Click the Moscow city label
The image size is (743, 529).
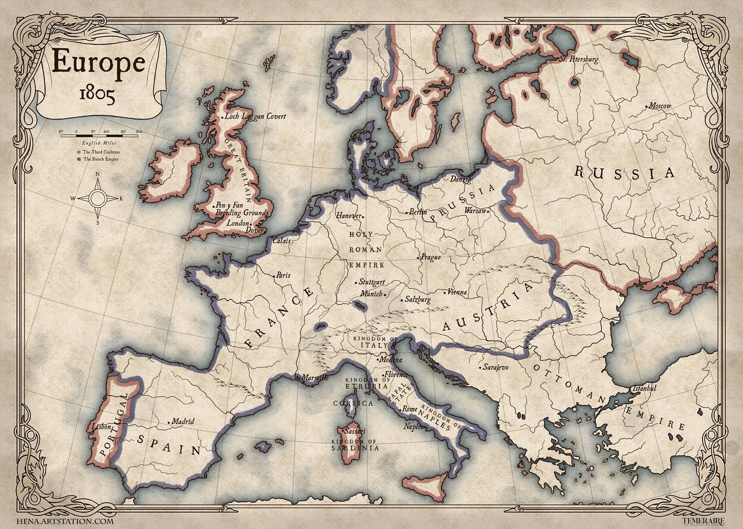click(659, 106)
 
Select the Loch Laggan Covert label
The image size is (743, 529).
click(255, 116)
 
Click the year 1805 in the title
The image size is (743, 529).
click(97, 94)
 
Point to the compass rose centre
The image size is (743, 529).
click(98, 198)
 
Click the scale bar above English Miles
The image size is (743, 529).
click(100, 135)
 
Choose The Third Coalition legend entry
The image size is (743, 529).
click(100, 152)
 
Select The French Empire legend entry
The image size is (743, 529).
click(100, 159)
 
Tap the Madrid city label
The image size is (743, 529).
click(182, 422)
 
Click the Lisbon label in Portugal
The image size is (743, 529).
click(101, 426)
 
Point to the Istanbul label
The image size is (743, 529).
click(644, 388)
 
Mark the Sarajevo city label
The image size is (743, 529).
click(495, 367)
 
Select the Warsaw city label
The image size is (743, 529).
click(476, 211)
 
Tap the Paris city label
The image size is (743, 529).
click(283, 275)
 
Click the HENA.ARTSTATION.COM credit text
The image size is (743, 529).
click(65, 521)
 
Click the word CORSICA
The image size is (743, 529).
click(353, 403)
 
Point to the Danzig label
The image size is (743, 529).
click(460, 179)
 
